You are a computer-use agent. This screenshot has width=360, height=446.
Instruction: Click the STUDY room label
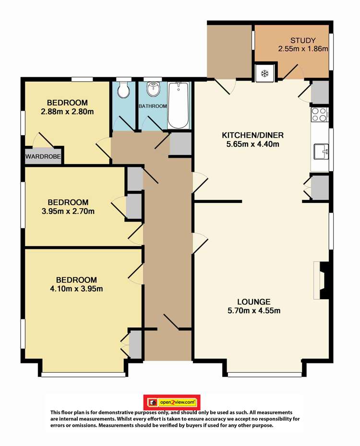click(x=303, y=40)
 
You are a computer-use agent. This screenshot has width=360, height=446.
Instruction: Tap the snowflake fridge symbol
click(x=265, y=74)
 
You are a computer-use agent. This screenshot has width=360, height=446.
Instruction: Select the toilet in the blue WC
click(x=124, y=90)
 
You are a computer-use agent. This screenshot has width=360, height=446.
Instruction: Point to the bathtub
click(x=179, y=105)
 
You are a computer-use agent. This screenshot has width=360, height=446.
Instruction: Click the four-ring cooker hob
click(x=319, y=115)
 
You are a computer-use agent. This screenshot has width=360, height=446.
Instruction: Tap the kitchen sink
click(x=321, y=152)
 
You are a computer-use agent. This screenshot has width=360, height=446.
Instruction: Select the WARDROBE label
click(x=43, y=156)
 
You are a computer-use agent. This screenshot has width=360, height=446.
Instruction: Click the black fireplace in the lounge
click(x=324, y=281)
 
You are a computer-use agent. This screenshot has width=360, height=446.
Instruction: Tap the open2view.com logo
click(x=172, y=402)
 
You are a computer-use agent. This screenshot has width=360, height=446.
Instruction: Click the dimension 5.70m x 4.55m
click(x=254, y=311)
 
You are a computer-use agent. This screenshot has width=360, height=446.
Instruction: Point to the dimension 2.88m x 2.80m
click(x=68, y=111)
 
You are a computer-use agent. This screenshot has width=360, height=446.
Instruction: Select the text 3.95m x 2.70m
click(x=68, y=211)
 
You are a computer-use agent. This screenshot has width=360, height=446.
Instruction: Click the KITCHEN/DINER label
click(x=252, y=135)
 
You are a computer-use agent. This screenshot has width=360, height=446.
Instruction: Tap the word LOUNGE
click(x=254, y=302)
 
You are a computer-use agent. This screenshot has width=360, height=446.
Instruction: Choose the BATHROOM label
click(x=153, y=106)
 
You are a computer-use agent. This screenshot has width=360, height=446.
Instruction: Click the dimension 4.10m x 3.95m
click(x=76, y=289)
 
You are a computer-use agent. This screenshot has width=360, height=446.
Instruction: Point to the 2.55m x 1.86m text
click(x=303, y=48)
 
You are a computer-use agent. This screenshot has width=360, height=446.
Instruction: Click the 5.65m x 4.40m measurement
click(x=252, y=144)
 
